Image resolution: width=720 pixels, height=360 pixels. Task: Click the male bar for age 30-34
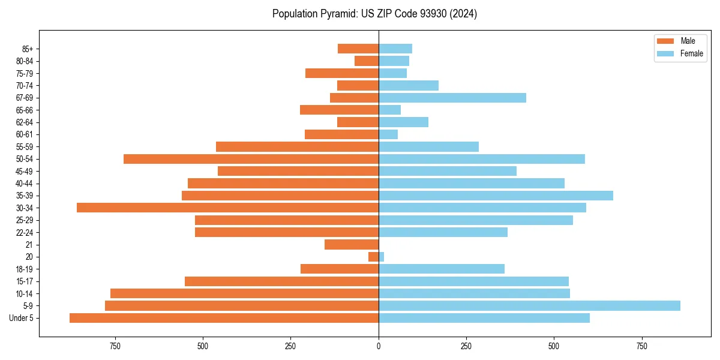[228, 208]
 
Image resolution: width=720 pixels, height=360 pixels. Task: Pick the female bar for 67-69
[452, 98]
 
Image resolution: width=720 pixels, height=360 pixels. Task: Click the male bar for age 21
[352, 245]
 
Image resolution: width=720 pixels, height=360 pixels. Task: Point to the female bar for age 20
[381, 257]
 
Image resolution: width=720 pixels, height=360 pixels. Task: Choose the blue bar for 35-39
[496, 196]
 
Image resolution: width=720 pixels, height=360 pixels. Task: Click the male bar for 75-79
[342, 73]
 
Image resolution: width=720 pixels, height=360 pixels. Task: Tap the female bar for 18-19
[442, 269]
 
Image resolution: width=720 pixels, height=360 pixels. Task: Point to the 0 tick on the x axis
[379, 346]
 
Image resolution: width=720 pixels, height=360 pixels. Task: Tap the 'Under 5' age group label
[21, 318]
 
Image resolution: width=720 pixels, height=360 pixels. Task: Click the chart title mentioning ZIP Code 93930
[374, 14]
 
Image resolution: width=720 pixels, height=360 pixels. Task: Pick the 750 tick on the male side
[115, 346]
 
